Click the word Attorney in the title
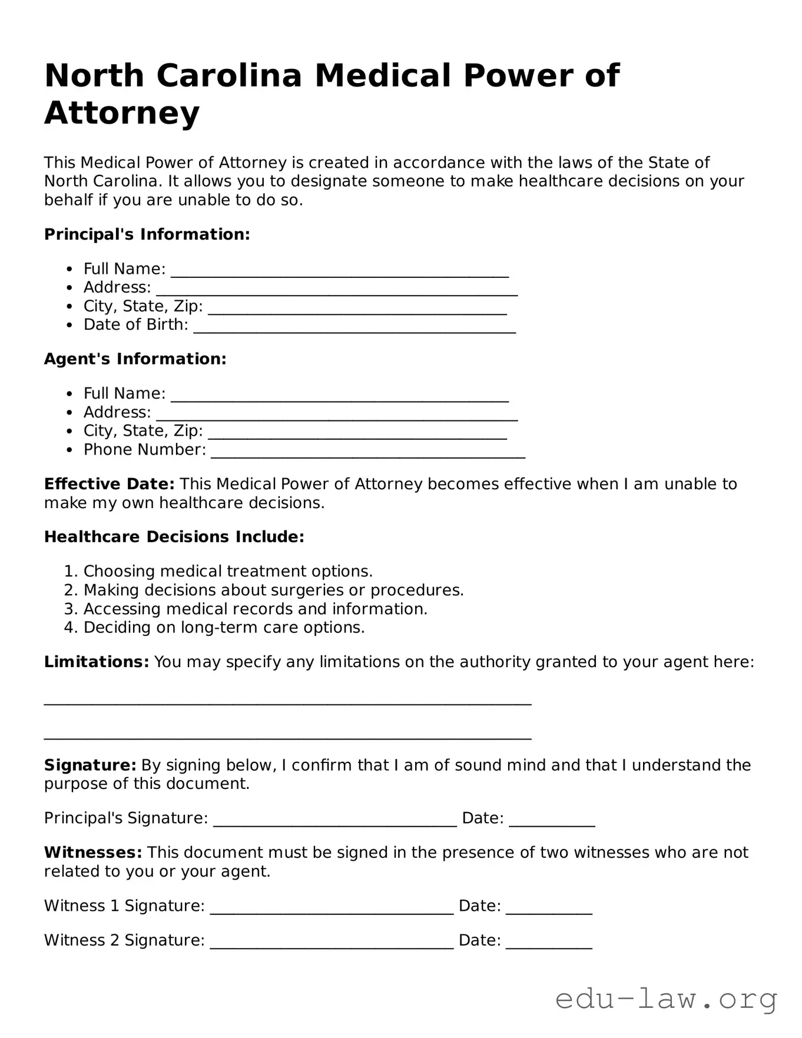tap(122, 113)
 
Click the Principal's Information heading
tap(147, 234)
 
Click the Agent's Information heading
tap(135, 359)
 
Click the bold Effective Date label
tap(109, 484)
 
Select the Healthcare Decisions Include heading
tap(174, 537)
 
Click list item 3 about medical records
tap(255, 609)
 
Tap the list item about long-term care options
tap(224, 628)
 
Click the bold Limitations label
tap(97, 662)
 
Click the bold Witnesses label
tap(93, 853)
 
